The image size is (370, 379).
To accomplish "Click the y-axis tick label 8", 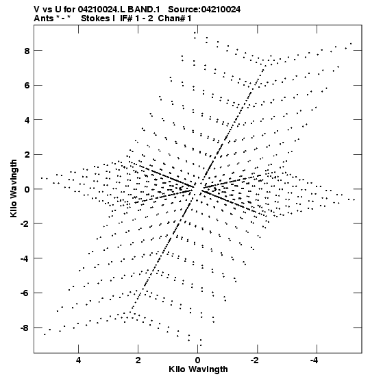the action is click(x=26, y=51).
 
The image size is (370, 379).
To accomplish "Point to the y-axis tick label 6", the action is click(x=26, y=86).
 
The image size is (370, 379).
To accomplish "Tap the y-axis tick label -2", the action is click(x=25, y=224).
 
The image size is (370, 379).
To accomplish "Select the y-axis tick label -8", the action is click(x=25, y=328).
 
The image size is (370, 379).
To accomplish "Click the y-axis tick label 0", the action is click(x=26, y=189).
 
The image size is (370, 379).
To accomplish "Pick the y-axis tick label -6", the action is click(x=25, y=293).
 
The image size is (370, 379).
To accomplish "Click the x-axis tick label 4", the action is click(x=78, y=360).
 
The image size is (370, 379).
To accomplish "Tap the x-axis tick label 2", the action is click(x=138, y=360).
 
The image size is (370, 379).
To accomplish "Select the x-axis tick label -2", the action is click(x=256, y=360).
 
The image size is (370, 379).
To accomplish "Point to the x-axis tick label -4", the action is click(x=315, y=360).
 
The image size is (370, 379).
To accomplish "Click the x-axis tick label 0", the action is click(x=198, y=360).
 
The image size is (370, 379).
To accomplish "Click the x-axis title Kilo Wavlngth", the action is click(x=198, y=369).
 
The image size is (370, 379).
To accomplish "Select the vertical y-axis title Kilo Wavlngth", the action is click(x=14, y=188).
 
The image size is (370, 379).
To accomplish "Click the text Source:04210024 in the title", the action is click(x=204, y=10).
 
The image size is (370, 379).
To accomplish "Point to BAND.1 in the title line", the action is click(x=144, y=10).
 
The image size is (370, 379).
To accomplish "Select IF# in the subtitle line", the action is click(x=126, y=19).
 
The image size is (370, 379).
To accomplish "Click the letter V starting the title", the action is click(x=37, y=10).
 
